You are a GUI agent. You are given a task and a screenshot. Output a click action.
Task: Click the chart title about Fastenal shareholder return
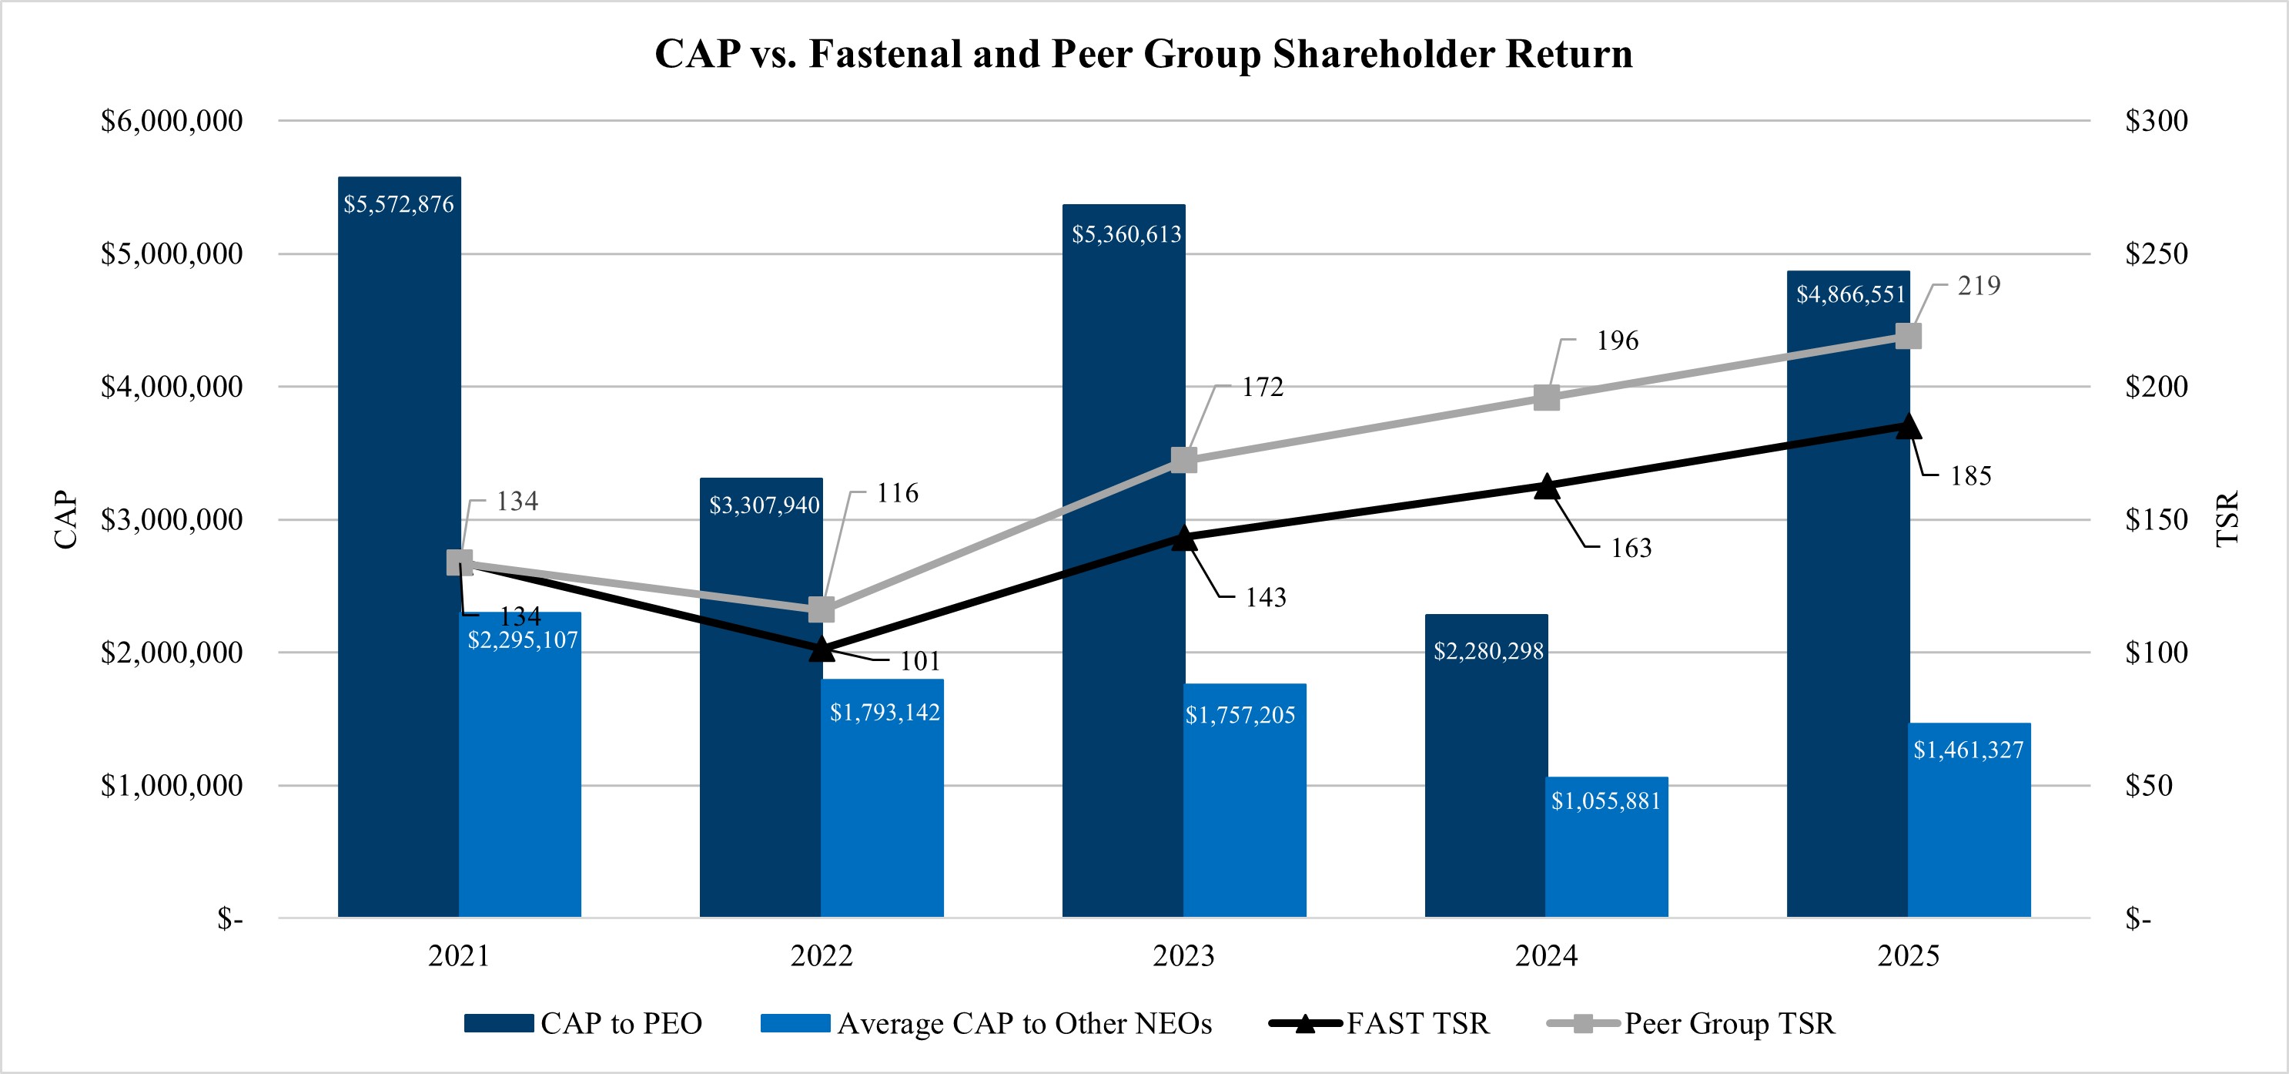[x=1143, y=53]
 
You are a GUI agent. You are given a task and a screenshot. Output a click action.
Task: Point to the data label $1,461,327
[x=1968, y=750]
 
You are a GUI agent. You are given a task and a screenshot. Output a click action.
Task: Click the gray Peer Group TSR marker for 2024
[x=1546, y=398]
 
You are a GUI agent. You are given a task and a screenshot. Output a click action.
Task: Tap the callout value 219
[x=1979, y=285]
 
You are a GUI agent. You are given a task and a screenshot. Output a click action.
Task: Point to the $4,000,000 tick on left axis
[x=172, y=387]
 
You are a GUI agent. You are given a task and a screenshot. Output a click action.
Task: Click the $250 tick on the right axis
[x=2156, y=254]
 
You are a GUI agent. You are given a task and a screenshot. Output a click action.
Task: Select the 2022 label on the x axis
[x=821, y=956]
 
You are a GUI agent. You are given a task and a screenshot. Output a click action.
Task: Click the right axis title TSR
[x=2227, y=519]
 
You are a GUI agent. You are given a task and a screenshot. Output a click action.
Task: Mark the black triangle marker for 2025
[x=1908, y=427]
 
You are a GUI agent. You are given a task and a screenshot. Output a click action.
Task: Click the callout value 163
[x=1631, y=548]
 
